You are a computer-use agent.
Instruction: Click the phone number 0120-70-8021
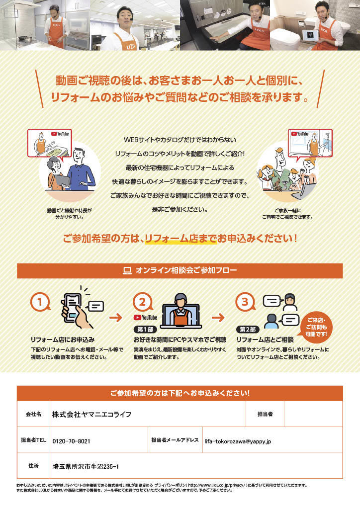[71, 441]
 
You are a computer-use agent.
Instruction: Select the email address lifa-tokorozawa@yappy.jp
[238, 441]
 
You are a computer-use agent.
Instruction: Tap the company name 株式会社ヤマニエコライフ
[92, 414]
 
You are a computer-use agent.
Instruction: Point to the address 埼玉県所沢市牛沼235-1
[86, 467]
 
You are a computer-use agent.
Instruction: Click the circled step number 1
[40, 302]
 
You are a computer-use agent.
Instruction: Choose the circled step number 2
[143, 302]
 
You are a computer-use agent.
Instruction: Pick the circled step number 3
[245, 302]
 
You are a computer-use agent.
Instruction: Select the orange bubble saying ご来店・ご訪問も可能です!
[317, 327]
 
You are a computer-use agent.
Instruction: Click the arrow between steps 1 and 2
[115, 317]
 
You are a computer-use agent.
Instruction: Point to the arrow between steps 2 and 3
[218, 317]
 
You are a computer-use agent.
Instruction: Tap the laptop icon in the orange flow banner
[127, 271]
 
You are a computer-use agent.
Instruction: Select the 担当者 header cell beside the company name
[265, 414]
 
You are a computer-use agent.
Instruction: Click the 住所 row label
[33, 466]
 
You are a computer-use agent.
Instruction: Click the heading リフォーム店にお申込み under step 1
[63, 340]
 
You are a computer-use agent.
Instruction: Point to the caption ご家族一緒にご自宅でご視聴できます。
[287, 214]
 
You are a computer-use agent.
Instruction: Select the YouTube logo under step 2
[145, 318]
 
